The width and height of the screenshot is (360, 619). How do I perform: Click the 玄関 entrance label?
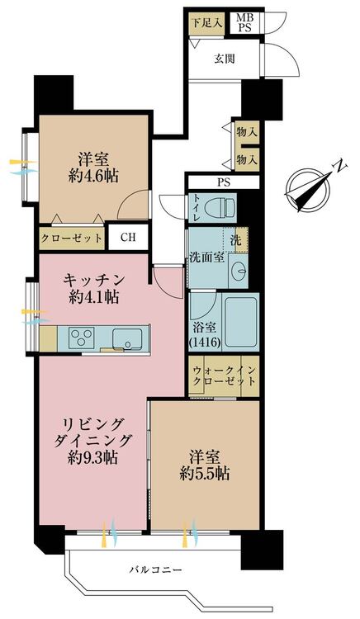225,59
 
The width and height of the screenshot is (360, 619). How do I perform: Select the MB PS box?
245,23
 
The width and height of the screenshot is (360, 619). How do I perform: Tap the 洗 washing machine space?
235,239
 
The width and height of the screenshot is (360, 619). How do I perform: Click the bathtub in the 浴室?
240,321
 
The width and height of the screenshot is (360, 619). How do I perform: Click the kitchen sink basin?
127,338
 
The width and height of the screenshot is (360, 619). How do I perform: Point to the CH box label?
128,237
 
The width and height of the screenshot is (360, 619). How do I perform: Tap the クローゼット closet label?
72,239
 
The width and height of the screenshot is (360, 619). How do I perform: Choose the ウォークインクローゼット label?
224,376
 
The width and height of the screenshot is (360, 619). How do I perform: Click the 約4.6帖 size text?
93,176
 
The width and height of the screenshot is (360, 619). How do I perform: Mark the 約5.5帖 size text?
205,474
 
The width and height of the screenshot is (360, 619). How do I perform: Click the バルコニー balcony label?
156,570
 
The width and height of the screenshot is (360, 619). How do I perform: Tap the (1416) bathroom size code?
204,343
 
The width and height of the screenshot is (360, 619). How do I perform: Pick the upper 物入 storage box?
247,132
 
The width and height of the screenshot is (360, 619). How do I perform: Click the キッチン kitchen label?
94,281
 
